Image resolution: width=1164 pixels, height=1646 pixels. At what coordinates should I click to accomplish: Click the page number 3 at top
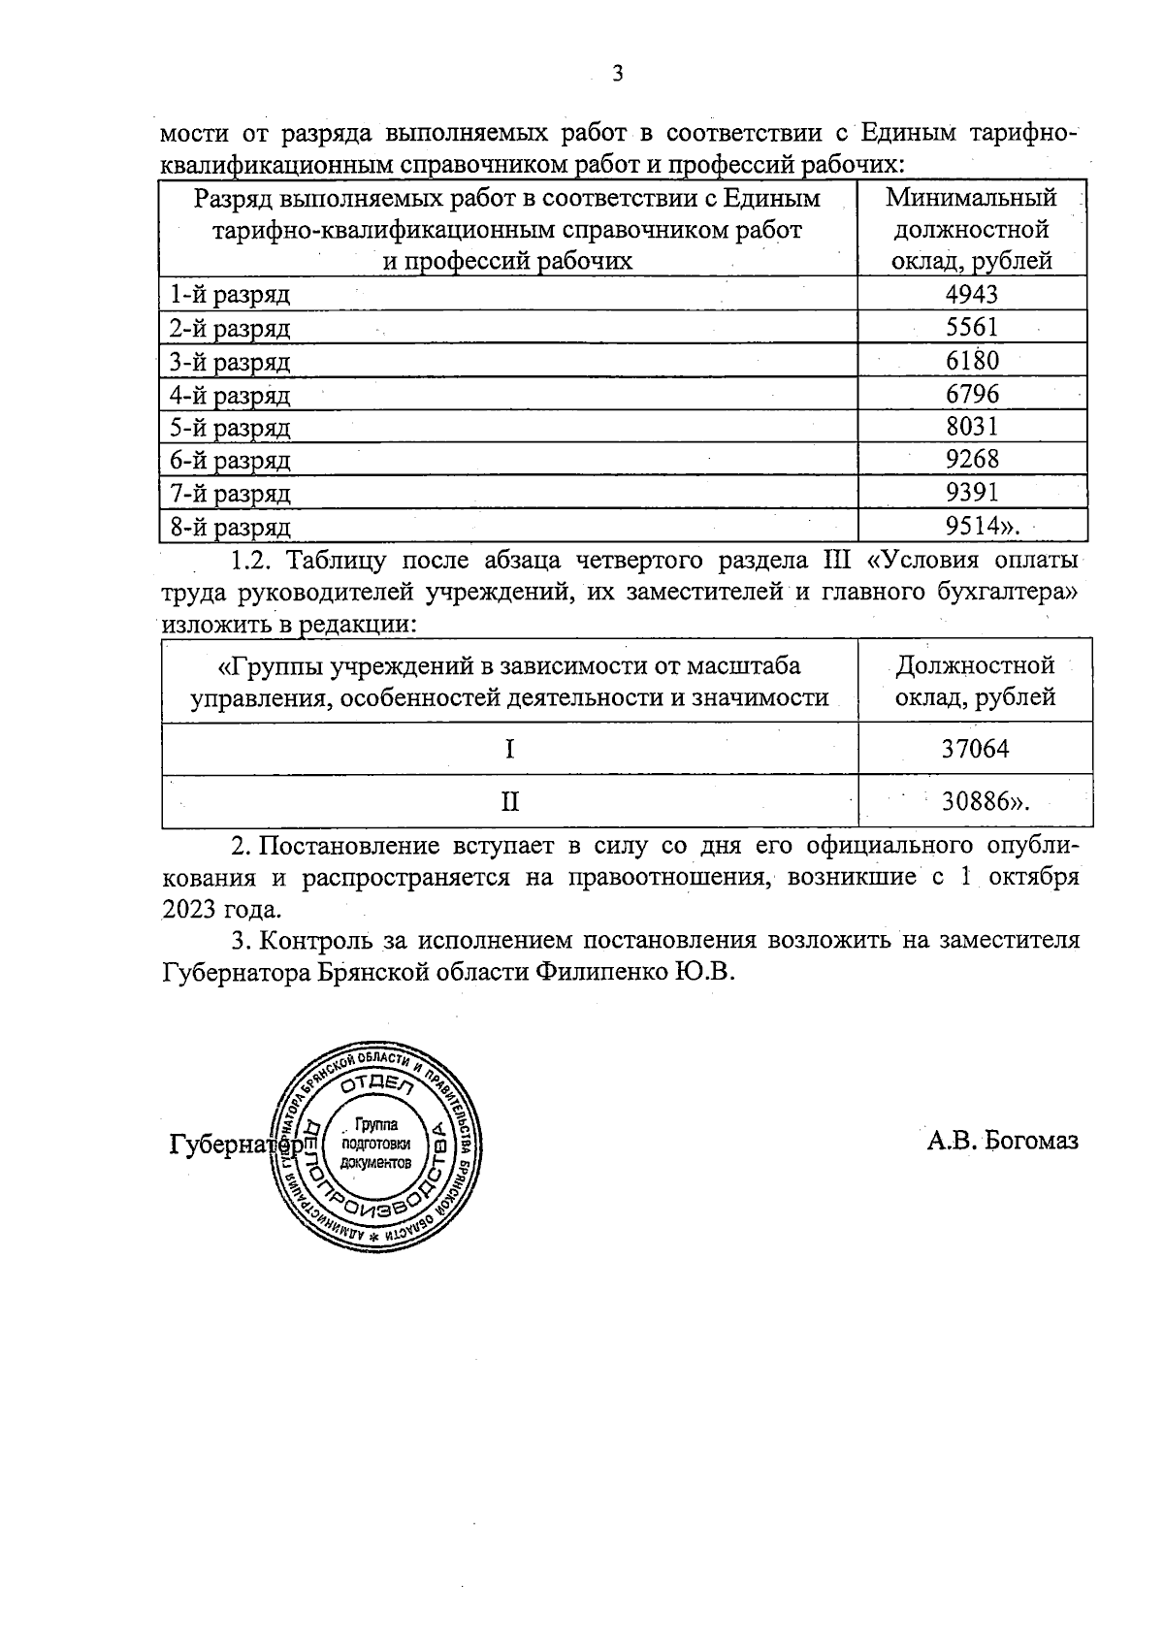tap(618, 74)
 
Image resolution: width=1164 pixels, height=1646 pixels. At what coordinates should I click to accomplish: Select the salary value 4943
tap(972, 294)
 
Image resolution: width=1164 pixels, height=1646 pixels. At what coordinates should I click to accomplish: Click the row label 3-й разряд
tap(230, 362)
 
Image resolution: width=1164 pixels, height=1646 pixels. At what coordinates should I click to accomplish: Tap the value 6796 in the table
tap(972, 394)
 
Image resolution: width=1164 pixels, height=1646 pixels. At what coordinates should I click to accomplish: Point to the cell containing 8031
tap(972, 427)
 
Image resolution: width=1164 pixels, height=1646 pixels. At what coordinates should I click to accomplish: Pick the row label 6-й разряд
tap(230, 460)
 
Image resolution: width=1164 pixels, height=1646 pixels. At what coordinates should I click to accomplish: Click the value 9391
tap(972, 493)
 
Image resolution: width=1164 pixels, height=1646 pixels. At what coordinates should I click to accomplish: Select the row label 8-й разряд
tap(230, 527)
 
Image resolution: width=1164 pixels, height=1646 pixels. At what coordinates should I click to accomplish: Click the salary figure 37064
tap(976, 749)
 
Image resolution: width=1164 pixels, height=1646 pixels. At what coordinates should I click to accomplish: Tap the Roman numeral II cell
tap(509, 801)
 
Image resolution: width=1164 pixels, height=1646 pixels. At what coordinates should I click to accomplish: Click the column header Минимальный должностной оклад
tap(972, 230)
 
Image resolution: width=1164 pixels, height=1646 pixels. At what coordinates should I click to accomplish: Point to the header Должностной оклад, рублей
tap(975, 681)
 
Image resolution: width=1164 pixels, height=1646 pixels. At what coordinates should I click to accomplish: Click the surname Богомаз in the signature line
tap(1031, 1141)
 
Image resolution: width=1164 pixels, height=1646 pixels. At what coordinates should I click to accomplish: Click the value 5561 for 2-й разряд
tap(972, 328)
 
